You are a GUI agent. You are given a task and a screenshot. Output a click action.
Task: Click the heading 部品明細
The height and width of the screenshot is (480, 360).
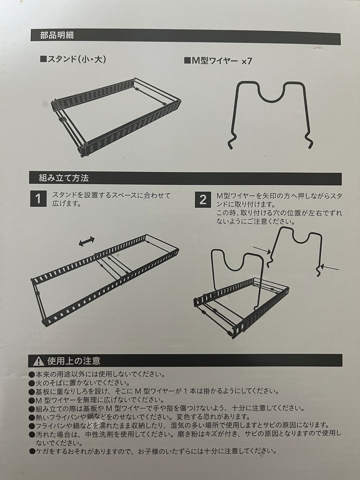pyautogui.click(x=57, y=36)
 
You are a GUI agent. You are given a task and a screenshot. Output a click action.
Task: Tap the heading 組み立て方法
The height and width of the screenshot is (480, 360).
pyautogui.click(x=64, y=178)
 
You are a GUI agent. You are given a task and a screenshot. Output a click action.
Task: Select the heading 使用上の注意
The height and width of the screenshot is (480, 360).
pyautogui.click(x=74, y=361)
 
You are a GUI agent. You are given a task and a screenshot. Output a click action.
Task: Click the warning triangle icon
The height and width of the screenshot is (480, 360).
pyautogui.click(x=38, y=361)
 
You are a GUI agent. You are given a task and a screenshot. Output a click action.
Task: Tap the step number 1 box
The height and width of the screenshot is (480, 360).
pyautogui.click(x=38, y=199)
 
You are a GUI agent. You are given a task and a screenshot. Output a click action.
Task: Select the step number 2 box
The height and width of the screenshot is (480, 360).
pyautogui.click(x=203, y=199)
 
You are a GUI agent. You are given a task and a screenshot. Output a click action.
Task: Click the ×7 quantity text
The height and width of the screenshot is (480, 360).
pyautogui.click(x=247, y=61)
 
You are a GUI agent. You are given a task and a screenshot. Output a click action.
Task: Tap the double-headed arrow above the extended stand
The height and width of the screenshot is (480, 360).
pyautogui.click(x=87, y=241)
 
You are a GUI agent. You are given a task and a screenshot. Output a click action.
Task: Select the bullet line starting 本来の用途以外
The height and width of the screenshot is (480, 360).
pyautogui.click(x=97, y=374)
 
